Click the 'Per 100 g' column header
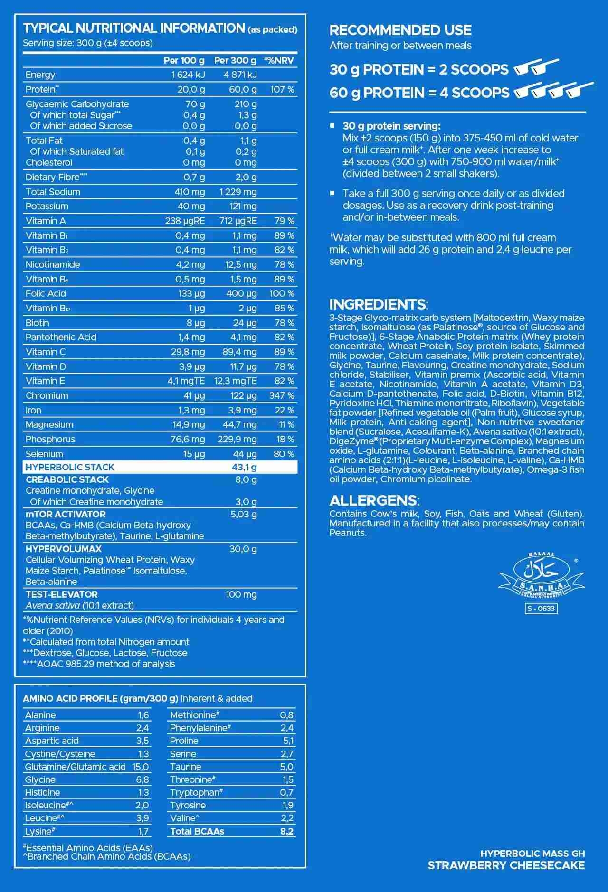point(184,61)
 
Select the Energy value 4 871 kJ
point(240,75)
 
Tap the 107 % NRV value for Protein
point(282,90)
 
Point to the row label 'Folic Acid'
point(46,294)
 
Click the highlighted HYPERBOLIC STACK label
point(70,468)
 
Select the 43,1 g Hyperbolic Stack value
point(244,468)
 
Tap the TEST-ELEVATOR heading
point(61,595)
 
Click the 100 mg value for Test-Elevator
point(241,595)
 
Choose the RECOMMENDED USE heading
point(400,30)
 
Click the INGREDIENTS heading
point(378,304)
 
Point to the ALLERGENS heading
point(373,501)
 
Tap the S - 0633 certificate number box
point(541,609)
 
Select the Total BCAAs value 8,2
point(286,832)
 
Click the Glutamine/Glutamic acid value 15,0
point(140,767)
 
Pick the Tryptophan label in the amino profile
point(195,793)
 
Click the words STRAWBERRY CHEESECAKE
point(506,865)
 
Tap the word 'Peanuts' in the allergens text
point(348,533)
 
